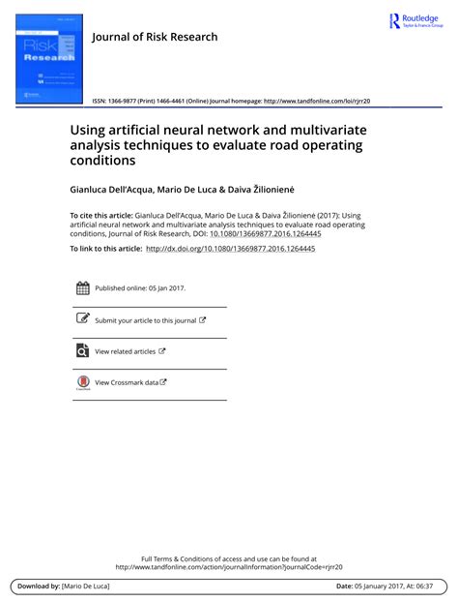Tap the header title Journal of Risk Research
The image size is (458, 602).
point(154,38)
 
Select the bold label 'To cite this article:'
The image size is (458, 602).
point(101,215)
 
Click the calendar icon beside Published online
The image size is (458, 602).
point(82,287)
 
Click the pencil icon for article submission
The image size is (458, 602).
point(82,319)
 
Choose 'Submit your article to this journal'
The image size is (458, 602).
point(146,320)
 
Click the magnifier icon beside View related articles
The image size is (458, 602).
point(82,351)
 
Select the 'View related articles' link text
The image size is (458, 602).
point(125,351)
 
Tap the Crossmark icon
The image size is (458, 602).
point(82,383)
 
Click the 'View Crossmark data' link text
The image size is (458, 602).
point(127,383)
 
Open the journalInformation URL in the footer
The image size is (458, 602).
point(229,567)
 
